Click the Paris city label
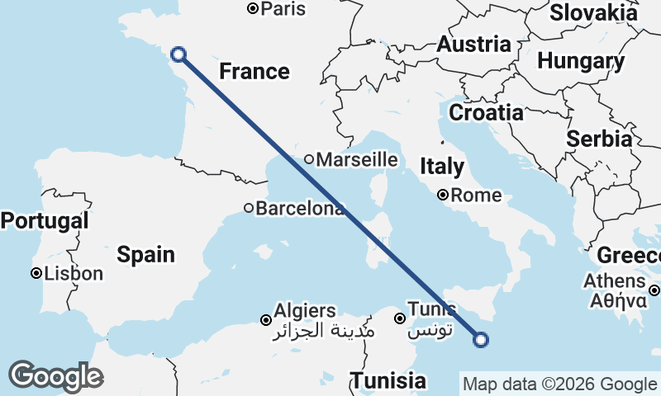click(x=283, y=9)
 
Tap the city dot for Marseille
click(x=308, y=159)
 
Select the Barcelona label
click(x=300, y=209)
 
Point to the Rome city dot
click(x=443, y=196)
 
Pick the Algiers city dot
click(x=266, y=320)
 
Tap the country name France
click(x=254, y=72)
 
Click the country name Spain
click(x=145, y=254)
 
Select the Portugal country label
click(x=45, y=221)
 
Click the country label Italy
click(x=442, y=167)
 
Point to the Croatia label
click(x=486, y=112)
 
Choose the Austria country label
click(x=473, y=45)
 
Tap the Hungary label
click(x=581, y=61)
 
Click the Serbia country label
click(x=599, y=139)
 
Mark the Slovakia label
click(x=593, y=12)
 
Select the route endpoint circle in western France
click(x=178, y=55)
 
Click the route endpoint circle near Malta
click(x=481, y=338)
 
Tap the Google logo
click(x=55, y=376)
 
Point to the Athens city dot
click(x=654, y=290)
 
